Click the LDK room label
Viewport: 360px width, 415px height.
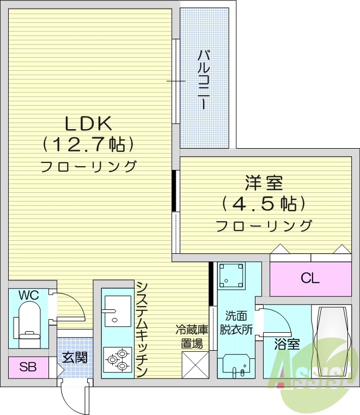(x=88, y=124)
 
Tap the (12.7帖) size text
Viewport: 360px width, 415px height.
(x=89, y=145)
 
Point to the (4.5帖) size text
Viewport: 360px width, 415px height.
(x=264, y=204)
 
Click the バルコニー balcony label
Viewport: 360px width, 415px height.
(x=205, y=80)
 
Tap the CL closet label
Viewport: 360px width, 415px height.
(x=310, y=278)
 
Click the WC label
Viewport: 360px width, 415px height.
(x=28, y=295)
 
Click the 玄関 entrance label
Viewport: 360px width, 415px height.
(x=74, y=358)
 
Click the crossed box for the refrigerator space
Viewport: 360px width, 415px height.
(x=195, y=364)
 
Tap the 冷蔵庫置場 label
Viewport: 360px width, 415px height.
(x=192, y=337)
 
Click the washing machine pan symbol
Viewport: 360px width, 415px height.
(x=231, y=276)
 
